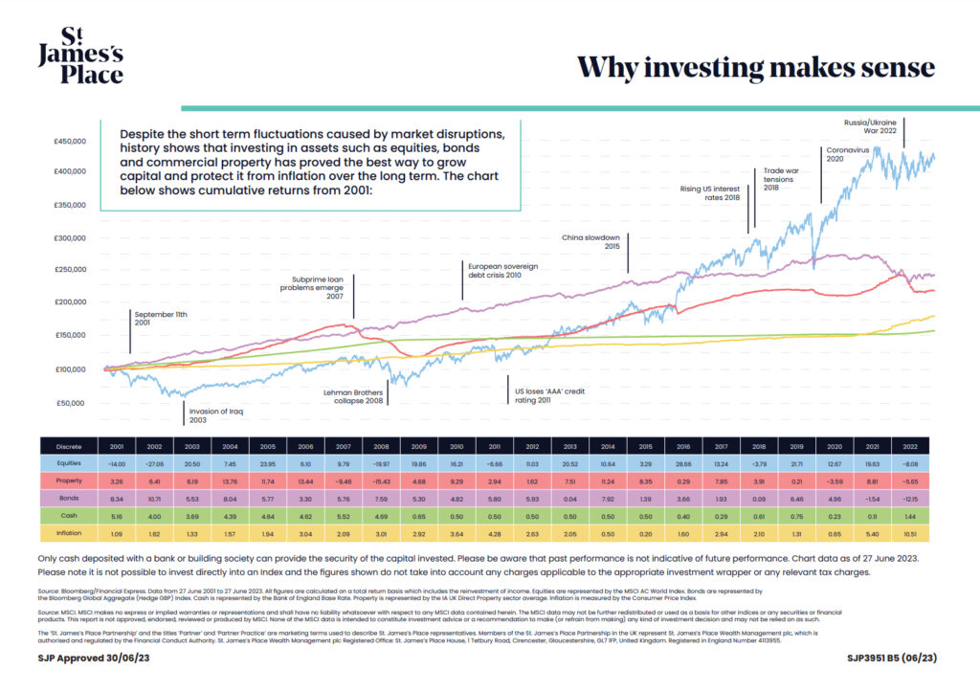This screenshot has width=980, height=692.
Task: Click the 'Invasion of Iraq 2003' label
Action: coord(210,415)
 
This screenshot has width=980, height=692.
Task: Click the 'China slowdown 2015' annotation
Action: coord(591,241)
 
